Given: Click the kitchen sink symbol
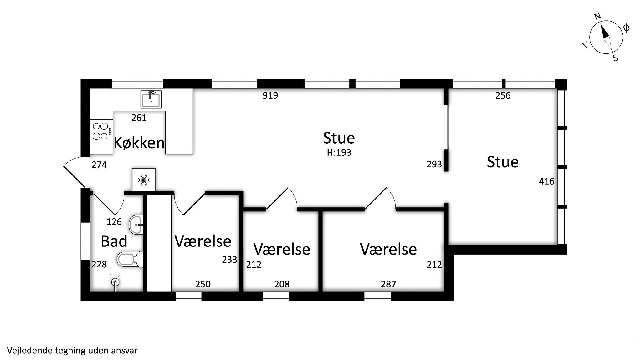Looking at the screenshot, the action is point(151,99).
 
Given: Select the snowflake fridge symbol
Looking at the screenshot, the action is point(144,180).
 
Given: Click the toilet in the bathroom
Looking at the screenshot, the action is point(130,259).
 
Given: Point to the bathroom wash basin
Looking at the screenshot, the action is point(136,224).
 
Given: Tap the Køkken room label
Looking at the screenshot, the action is point(139,143).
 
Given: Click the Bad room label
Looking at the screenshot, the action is point(114,241).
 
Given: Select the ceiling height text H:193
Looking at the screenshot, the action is point(339,153).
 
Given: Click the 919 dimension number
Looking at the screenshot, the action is point(270,95).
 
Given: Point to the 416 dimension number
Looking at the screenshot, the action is point(546,181).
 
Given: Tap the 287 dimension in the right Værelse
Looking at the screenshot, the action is point(388,284).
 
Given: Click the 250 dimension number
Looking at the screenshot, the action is point(203,284).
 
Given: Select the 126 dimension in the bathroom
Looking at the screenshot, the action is point(114,222).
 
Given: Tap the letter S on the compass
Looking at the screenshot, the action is point(615,58).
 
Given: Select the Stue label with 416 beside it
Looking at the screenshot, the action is point(503,162).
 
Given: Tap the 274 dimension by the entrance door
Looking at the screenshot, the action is point(99,165).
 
